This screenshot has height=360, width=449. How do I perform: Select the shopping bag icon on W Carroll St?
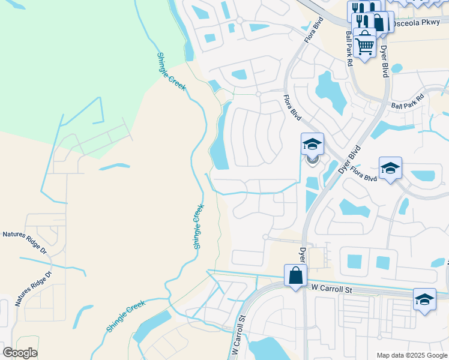click(x=295, y=276)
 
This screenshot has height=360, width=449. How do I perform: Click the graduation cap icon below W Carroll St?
click(x=424, y=299)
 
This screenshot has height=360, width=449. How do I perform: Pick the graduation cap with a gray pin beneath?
click(x=312, y=144)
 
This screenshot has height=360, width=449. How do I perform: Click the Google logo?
click(x=20, y=353)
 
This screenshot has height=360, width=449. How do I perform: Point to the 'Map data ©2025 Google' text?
click(x=411, y=355)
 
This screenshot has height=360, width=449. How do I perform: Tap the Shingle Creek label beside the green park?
click(x=171, y=71)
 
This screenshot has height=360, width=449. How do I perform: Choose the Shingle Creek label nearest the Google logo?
click(x=127, y=317)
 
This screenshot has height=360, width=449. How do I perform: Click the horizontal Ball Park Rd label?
click(x=408, y=101)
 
